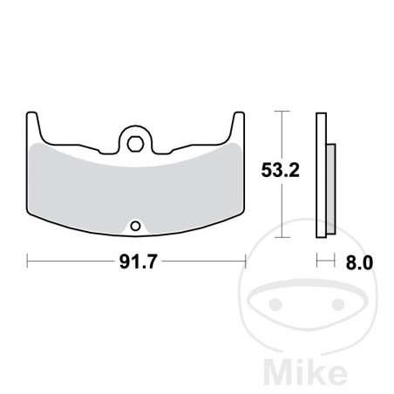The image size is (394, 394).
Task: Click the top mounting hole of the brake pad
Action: tap(134, 136)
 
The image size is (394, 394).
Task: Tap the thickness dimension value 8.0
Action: tap(359, 260)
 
